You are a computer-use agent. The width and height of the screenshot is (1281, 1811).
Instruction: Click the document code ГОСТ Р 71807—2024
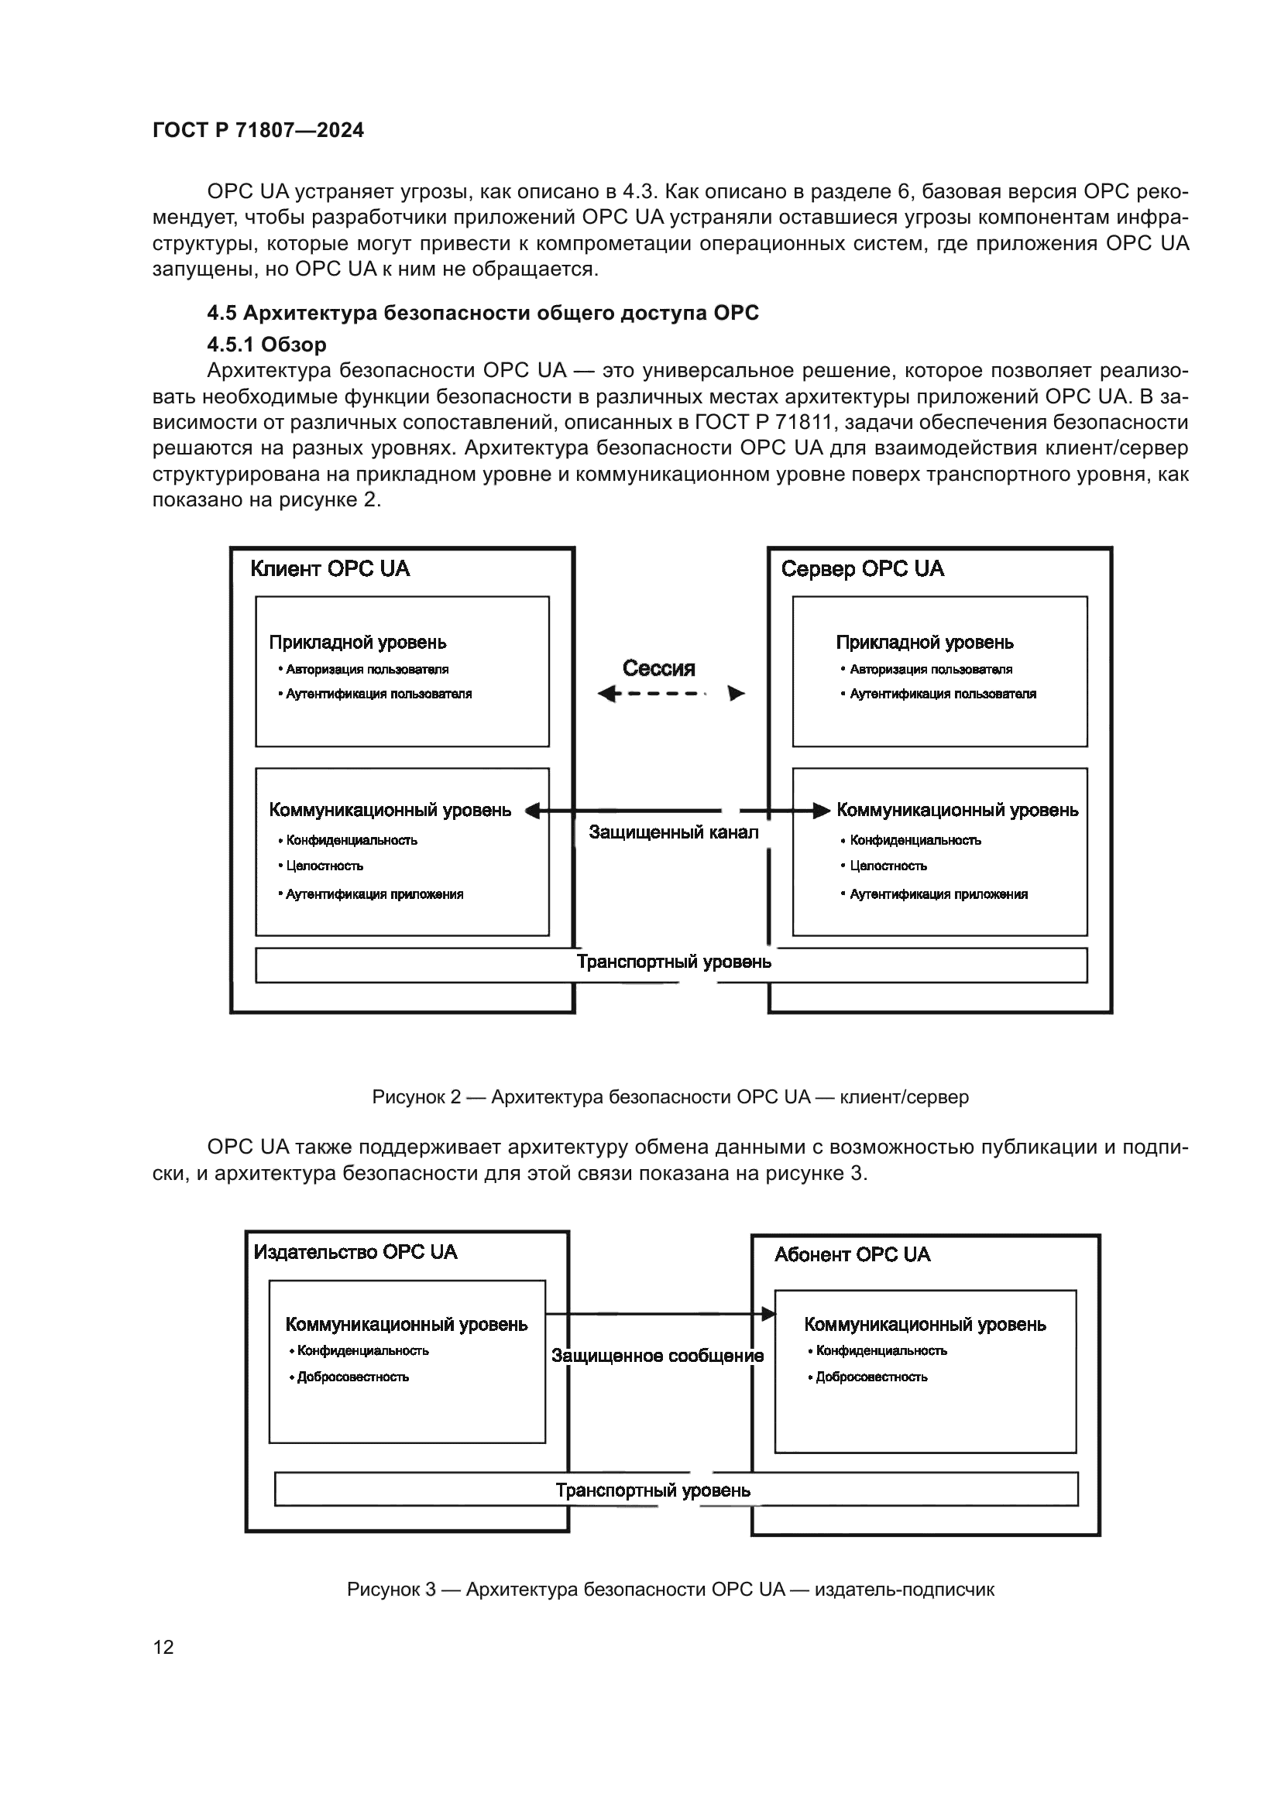(258, 130)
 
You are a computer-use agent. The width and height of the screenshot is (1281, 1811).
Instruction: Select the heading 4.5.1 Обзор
(266, 345)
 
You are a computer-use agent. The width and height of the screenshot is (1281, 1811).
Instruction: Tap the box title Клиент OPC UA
(330, 570)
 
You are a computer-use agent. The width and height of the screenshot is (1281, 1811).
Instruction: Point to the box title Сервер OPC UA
(862, 570)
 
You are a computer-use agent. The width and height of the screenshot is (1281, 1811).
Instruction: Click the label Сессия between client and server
(658, 669)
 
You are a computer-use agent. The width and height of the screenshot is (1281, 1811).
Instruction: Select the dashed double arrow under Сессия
(671, 694)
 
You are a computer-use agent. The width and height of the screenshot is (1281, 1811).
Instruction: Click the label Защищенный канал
(674, 832)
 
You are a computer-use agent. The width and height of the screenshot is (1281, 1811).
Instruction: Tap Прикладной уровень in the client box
(357, 643)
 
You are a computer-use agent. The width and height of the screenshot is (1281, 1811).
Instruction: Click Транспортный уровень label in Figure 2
(674, 962)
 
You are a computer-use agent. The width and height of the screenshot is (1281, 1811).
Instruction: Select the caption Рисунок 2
(671, 1097)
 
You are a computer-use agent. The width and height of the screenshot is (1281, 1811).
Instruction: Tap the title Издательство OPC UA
(355, 1253)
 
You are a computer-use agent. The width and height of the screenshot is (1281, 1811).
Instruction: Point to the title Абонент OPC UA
(852, 1255)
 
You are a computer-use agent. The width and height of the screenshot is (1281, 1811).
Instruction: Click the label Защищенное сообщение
(657, 1356)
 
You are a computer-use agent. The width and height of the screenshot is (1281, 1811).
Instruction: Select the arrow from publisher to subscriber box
(659, 1314)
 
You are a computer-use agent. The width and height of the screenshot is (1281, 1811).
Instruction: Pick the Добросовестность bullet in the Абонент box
(871, 1377)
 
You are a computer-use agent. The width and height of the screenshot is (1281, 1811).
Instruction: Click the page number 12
(163, 1647)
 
